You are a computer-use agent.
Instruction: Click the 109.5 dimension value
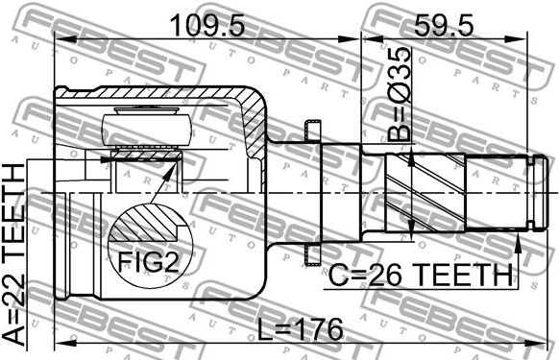(x=207, y=25)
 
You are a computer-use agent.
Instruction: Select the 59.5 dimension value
(x=444, y=25)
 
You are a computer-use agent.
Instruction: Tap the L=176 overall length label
(x=301, y=328)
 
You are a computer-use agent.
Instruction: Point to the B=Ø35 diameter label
(x=399, y=93)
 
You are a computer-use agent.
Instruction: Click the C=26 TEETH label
(x=420, y=275)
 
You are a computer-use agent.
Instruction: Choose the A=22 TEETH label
(x=14, y=253)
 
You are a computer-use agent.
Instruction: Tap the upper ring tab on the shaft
(x=312, y=131)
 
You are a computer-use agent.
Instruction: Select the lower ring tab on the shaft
(x=312, y=254)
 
